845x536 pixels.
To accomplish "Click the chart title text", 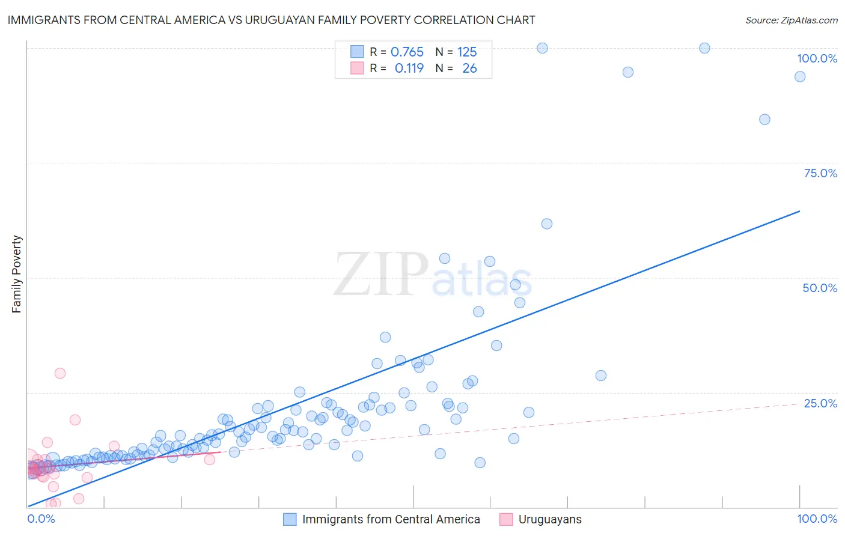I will (x=271, y=20).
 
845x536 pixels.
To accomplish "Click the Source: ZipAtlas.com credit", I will (x=791, y=20).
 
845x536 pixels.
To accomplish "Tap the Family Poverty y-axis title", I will (x=17, y=274).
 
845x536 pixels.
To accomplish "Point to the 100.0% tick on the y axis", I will (x=817, y=58).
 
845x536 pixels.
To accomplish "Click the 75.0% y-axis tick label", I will (x=820, y=173).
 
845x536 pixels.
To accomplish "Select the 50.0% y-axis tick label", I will (x=820, y=288).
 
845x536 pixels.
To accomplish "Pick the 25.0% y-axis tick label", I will (x=820, y=403).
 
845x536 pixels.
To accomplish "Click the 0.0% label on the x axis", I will (x=41, y=519).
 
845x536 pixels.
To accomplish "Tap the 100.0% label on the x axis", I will (x=817, y=519).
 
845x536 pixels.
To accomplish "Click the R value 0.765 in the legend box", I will (x=407, y=52).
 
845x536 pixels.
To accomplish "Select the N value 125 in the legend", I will (x=467, y=52).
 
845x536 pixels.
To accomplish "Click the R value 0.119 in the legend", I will (x=409, y=69).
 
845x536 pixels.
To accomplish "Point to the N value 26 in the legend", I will (x=469, y=69).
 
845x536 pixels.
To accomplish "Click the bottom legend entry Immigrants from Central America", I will (x=391, y=520).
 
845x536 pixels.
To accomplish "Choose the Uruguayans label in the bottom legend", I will (x=550, y=520).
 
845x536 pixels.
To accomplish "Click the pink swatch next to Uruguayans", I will (x=506, y=520).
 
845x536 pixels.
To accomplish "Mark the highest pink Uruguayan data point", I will (x=60, y=373).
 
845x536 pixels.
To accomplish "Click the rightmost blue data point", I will (x=800, y=76).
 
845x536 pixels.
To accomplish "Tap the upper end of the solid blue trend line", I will (x=799, y=211).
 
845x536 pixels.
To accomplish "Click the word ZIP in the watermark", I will (x=380, y=275).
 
